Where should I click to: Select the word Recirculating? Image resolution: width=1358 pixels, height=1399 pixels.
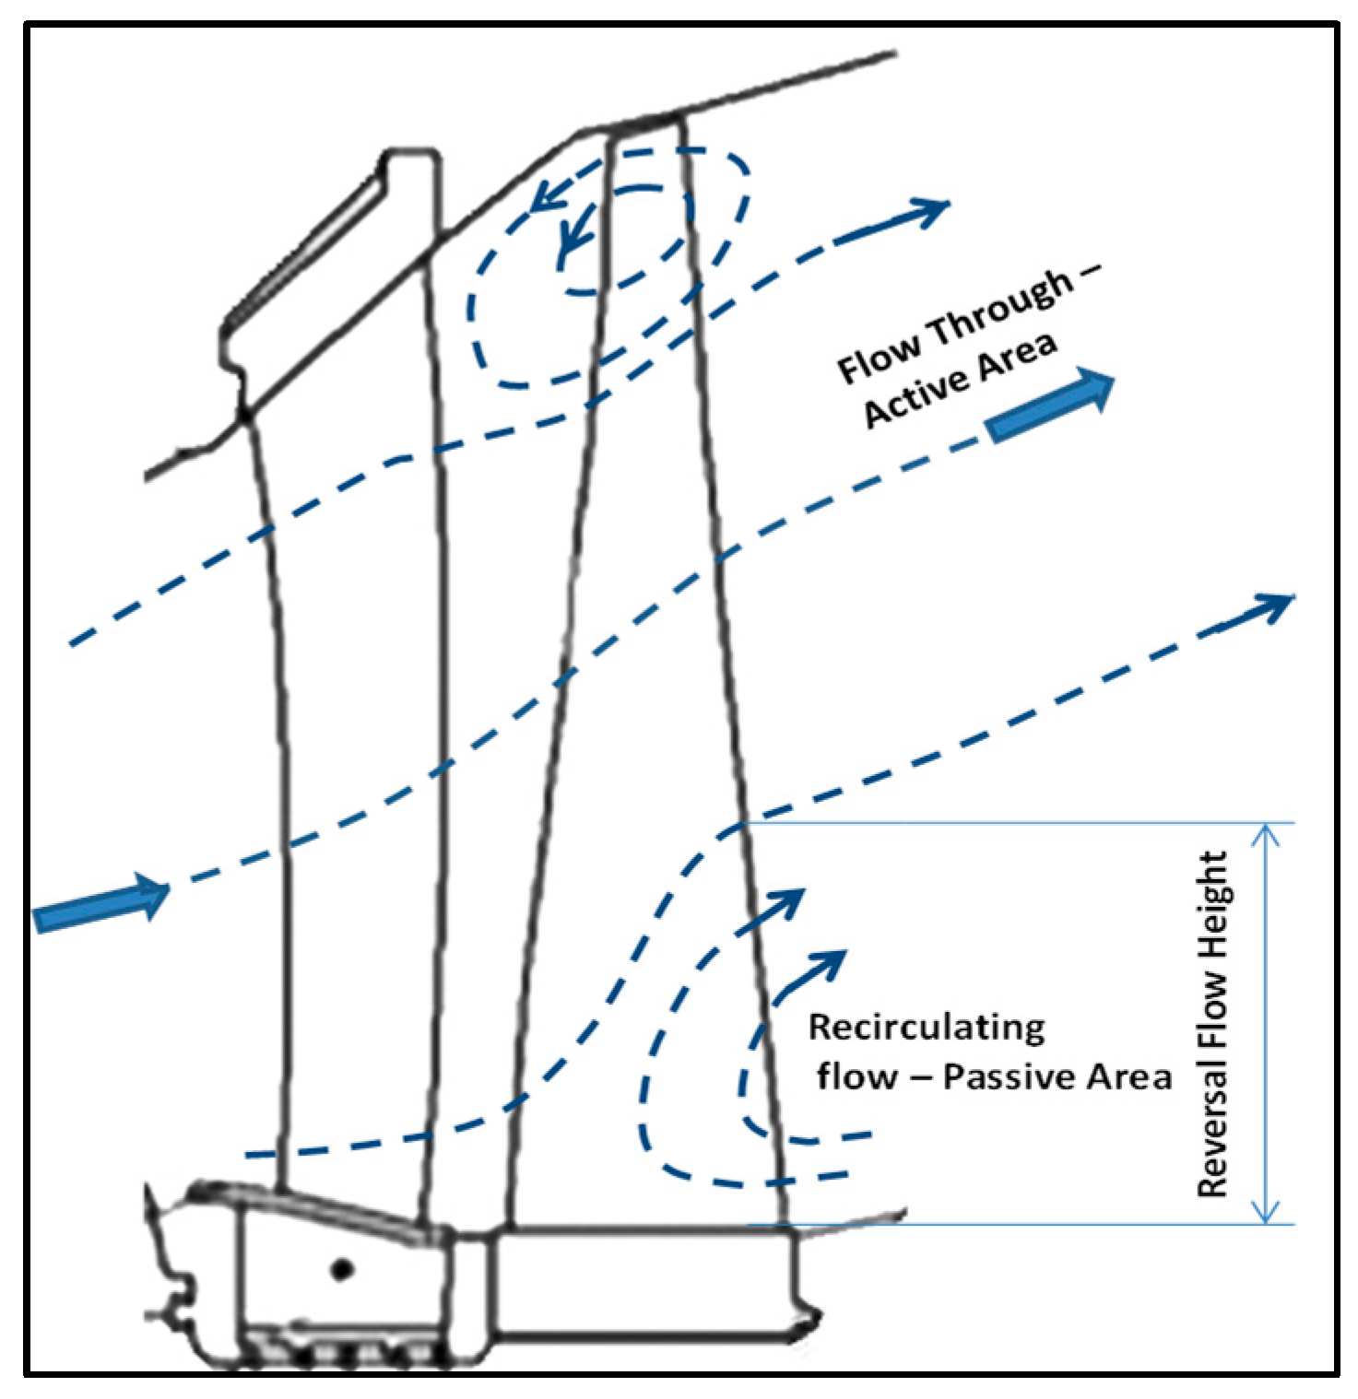(x=927, y=1028)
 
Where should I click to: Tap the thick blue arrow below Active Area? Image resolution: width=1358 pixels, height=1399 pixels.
(x=1051, y=406)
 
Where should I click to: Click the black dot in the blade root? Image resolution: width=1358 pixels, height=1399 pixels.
(x=342, y=1269)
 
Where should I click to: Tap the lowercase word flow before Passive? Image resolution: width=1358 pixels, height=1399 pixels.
(x=856, y=1076)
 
